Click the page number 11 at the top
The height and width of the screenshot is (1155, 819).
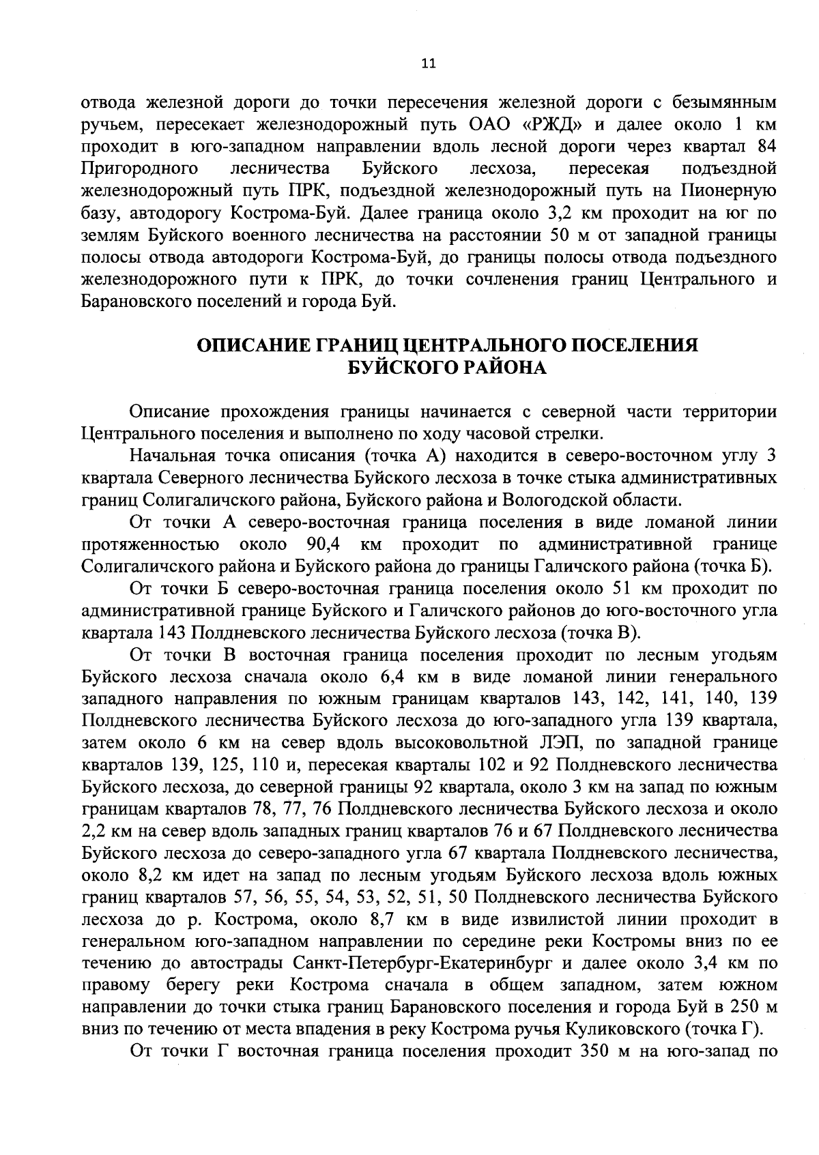click(x=429, y=63)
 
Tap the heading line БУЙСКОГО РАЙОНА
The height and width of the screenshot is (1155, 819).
click(x=448, y=368)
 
